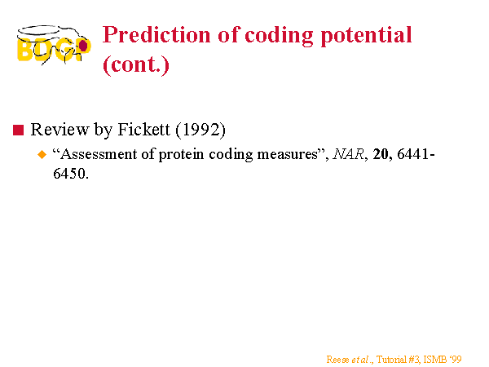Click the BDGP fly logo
(54, 45)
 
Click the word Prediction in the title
(156, 35)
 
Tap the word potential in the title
(366, 36)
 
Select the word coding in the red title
(279, 36)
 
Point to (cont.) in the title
(136, 65)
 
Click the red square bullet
(19, 130)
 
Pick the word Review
(59, 129)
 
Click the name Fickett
(143, 129)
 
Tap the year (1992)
(200, 130)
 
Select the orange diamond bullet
(42, 154)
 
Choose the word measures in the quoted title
(287, 155)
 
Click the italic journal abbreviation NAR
(348, 154)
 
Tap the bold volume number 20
(381, 154)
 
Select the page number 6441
(414, 154)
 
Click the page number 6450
(69, 174)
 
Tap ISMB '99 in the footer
(443, 360)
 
